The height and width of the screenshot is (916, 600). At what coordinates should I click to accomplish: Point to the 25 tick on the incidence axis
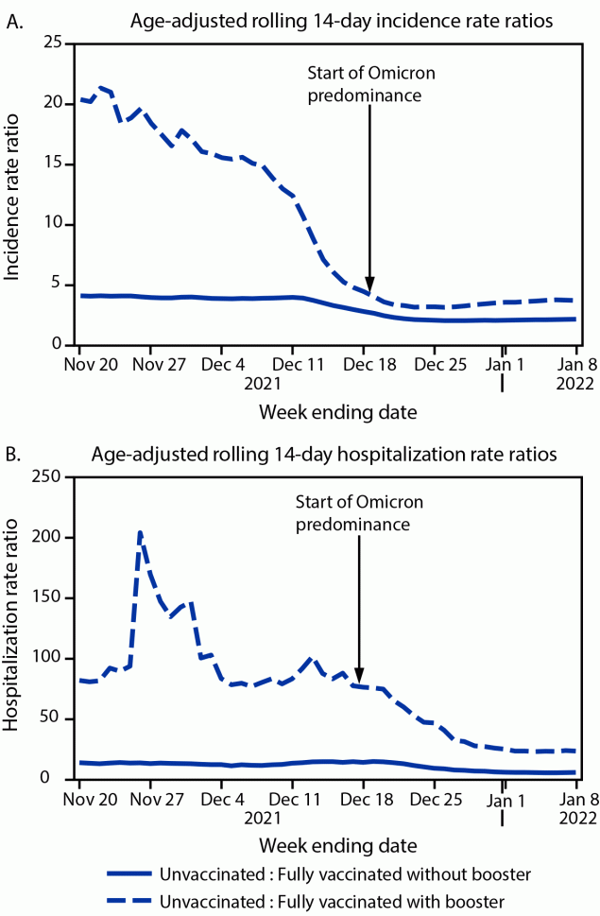coord(54,43)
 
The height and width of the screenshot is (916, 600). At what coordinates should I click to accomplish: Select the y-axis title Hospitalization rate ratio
coord(13,628)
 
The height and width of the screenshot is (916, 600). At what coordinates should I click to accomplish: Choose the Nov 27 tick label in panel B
coord(149,798)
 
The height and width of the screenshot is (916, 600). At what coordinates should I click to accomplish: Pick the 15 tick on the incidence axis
coord(54,164)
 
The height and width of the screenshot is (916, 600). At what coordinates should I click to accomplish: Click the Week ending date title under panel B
coord(325,840)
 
